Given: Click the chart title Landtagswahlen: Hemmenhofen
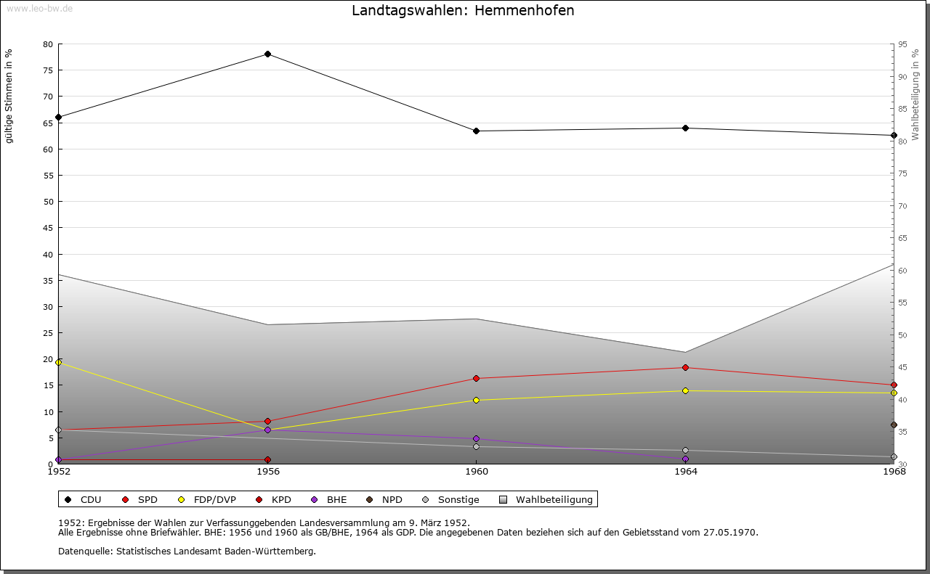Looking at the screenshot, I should tap(463, 11).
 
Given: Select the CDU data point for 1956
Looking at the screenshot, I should tap(268, 54).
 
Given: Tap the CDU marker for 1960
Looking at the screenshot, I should tap(477, 131).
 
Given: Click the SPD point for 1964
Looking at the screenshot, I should tap(685, 368).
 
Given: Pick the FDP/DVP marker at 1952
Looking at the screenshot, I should tap(59, 362).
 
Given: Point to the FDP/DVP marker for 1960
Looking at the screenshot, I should tap(477, 401).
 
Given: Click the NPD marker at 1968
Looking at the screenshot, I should tap(894, 425).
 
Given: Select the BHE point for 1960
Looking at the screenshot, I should tap(477, 439).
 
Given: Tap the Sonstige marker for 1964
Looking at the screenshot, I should tap(685, 451).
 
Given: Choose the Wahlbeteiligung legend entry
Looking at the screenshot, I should tap(546, 500).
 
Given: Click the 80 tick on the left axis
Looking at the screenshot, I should tap(48, 44).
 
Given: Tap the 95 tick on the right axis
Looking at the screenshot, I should tap(902, 44).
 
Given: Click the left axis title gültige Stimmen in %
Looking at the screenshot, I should tap(9, 97).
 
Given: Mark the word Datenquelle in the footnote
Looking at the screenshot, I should tap(82, 552).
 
